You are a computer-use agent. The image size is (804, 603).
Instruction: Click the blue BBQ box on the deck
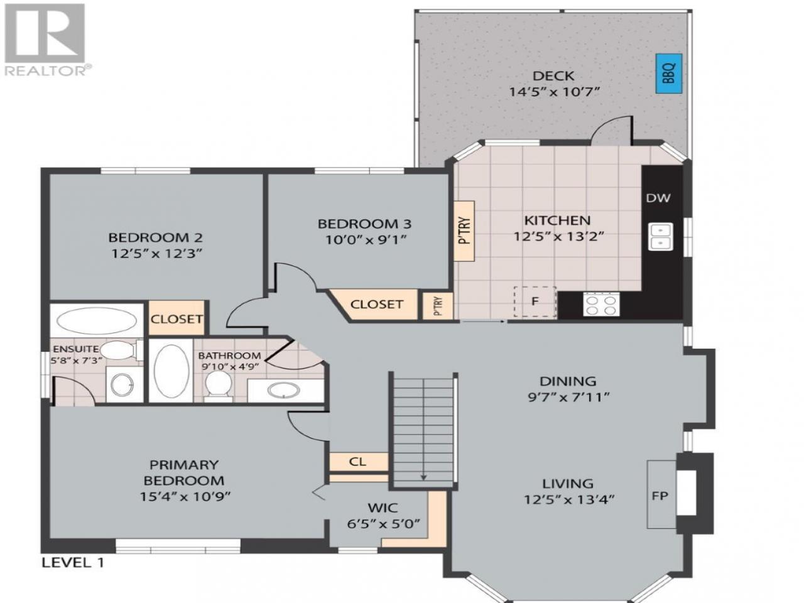pyautogui.click(x=668, y=73)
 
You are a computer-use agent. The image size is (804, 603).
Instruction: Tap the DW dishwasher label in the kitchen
pyautogui.click(x=658, y=198)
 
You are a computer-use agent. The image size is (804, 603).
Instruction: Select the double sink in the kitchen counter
pyautogui.click(x=660, y=237)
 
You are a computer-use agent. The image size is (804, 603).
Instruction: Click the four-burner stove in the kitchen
pyautogui.click(x=602, y=305)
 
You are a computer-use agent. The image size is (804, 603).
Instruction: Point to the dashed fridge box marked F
pyautogui.click(x=535, y=301)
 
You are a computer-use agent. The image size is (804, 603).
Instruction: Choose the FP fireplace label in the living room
pyautogui.click(x=660, y=496)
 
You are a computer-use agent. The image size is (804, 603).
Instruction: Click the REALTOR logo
pyautogui.click(x=45, y=40)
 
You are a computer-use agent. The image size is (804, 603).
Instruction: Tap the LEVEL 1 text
pyautogui.click(x=73, y=562)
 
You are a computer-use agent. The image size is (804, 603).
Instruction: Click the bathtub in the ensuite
pyautogui.click(x=97, y=320)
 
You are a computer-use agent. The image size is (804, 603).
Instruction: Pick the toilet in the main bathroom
pyautogui.click(x=219, y=386)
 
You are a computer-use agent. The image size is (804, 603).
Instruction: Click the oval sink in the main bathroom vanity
pyautogui.click(x=283, y=391)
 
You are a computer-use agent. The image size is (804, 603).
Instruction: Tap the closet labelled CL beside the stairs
pyautogui.click(x=358, y=462)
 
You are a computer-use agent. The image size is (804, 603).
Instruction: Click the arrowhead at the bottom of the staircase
pyautogui.click(x=424, y=477)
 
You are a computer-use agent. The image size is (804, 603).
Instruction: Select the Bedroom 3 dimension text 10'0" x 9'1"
pyautogui.click(x=366, y=240)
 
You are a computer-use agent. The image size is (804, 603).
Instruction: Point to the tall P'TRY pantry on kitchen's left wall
pyautogui.click(x=464, y=231)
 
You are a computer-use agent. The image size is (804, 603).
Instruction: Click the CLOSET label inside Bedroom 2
pyautogui.click(x=177, y=319)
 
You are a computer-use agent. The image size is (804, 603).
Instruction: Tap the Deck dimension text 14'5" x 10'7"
pyautogui.click(x=555, y=92)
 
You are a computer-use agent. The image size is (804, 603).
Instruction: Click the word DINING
pyautogui.click(x=568, y=381)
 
